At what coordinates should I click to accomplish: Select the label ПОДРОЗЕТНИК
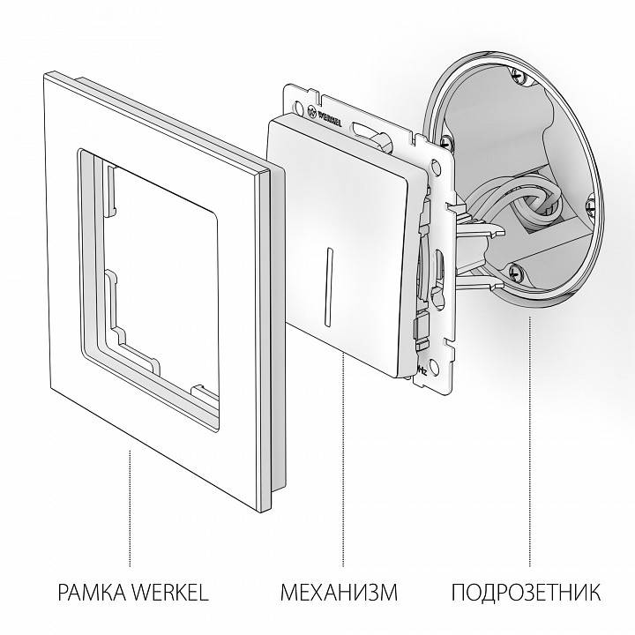[527, 591]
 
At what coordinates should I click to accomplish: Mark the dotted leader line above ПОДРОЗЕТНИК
[529, 441]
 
